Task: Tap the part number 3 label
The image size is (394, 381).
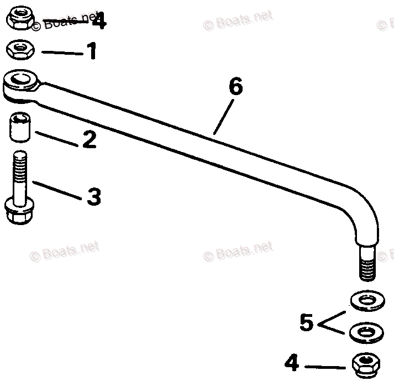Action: [x=93, y=196]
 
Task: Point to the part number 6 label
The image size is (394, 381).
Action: [x=235, y=87]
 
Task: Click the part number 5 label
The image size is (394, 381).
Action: [x=307, y=323]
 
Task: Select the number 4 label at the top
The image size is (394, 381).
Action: [x=99, y=22]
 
